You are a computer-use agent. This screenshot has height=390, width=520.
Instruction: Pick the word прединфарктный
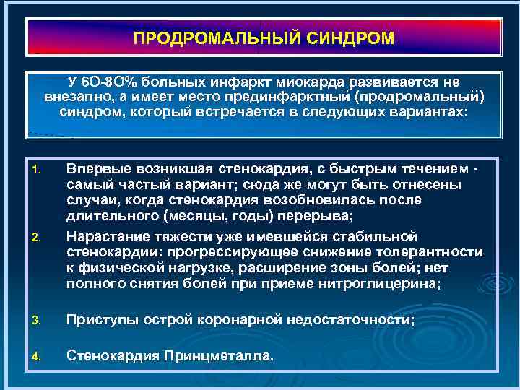[x=321, y=97]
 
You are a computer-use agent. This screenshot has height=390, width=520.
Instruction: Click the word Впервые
[x=97, y=169]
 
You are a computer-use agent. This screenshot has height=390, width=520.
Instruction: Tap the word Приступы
[x=100, y=320]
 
